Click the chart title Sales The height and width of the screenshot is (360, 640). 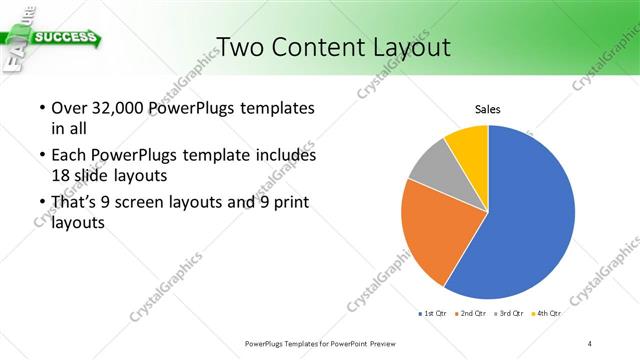[x=487, y=109]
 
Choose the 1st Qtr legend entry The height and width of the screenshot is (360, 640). [x=432, y=314]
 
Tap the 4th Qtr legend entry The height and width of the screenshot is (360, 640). [x=547, y=314]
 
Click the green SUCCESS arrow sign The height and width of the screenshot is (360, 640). [x=65, y=39]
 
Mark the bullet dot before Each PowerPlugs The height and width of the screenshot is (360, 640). [x=41, y=156]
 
